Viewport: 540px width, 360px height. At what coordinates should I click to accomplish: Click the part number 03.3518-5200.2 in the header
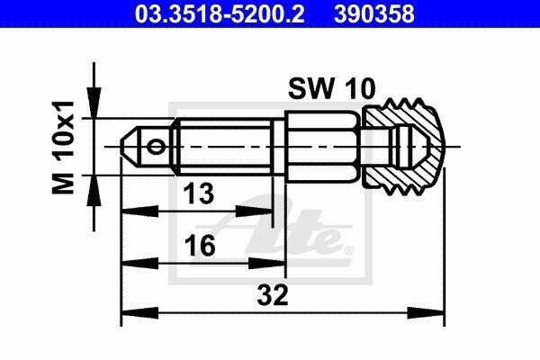(x=220, y=13)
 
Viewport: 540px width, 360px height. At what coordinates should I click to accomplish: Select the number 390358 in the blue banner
(x=374, y=13)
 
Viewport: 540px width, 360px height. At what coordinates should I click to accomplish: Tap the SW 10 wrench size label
(x=331, y=89)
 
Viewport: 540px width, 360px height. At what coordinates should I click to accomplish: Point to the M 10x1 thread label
(x=63, y=147)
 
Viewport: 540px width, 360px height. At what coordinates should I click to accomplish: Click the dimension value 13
(x=198, y=193)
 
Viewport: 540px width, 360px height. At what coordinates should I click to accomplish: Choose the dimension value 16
(x=200, y=246)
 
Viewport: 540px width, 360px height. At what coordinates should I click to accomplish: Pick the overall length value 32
(x=273, y=295)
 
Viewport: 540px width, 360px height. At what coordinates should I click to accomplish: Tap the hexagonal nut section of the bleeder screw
(x=323, y=146)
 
